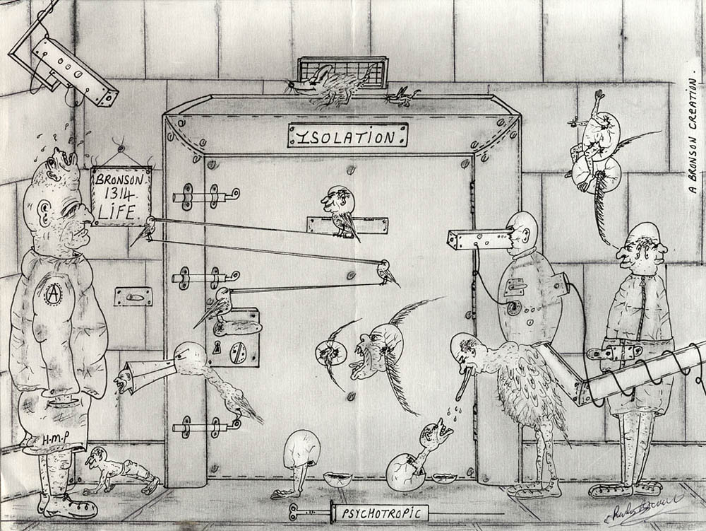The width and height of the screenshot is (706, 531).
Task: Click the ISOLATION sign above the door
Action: pos(347,135)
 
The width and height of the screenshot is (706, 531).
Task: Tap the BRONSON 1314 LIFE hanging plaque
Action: pos(121,195)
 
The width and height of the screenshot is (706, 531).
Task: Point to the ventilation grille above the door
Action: pos(344,71)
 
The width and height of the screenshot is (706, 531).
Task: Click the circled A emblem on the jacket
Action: pos(52,293)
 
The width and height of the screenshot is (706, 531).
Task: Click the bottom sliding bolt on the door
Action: pos(205,426)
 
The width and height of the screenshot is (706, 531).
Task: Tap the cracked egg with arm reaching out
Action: pos(412,462)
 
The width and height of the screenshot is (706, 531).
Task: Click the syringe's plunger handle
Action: pos(293,510)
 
